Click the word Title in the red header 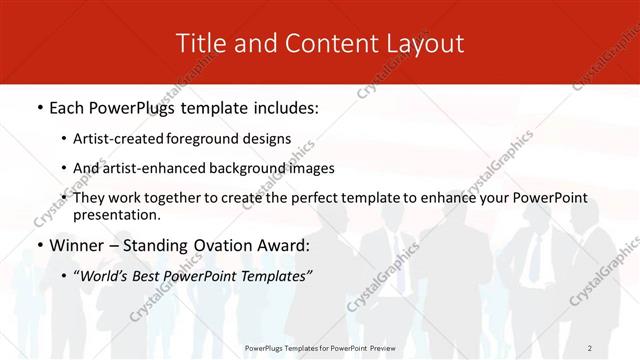coord(198,43)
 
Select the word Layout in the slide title coord(423,43)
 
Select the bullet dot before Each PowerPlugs coord(38,105)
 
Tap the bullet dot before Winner coord(38,246)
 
